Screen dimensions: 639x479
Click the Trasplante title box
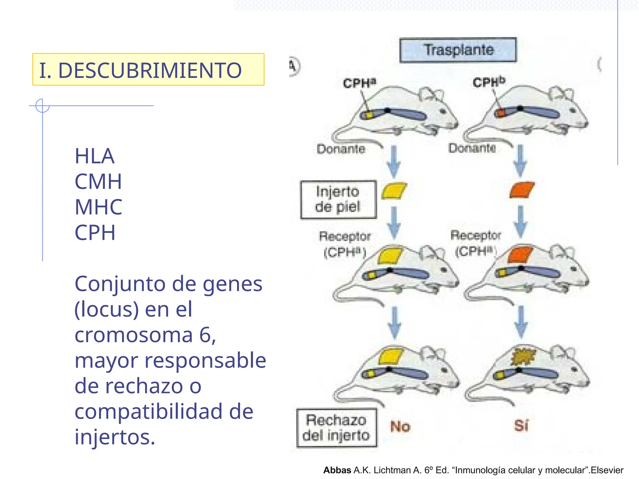(x=458, y=50)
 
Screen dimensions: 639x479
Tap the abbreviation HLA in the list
(x=95, y=156)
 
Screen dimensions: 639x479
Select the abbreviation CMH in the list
(x=98, y=181)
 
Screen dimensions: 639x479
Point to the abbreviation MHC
(x=98, y=207)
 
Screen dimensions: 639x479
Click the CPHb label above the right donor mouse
(x=489, y=82)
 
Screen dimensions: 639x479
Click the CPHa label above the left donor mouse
(x=360, y=83)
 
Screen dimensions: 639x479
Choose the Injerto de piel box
(x=339, y=200)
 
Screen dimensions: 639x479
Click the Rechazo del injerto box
(x=337, y=428)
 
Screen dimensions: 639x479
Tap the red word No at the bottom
(x=400, y=426)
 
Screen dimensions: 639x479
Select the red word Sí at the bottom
(x=521, y=425)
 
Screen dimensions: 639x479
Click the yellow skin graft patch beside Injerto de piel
(x=394, y=191)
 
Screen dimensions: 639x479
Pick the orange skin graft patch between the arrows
(x=522, y=190)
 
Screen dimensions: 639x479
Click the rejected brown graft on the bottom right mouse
(x=523, y=356)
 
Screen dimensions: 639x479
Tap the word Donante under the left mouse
(x=341, y=149)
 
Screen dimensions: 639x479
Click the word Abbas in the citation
(x=337, y=470)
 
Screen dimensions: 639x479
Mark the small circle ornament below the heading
(x=42, y=105)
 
